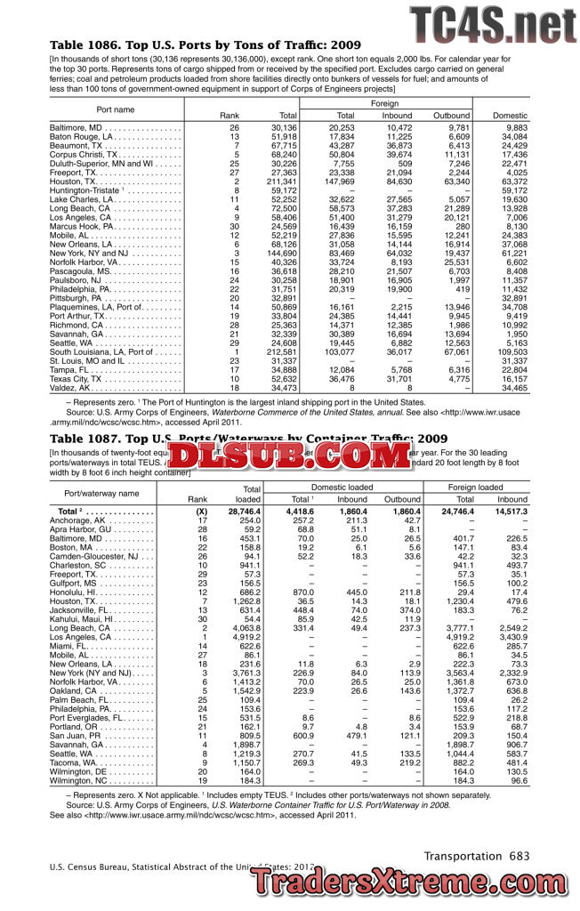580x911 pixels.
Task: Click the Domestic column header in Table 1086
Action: point(510,116)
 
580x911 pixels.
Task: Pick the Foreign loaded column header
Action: point(476,488)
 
